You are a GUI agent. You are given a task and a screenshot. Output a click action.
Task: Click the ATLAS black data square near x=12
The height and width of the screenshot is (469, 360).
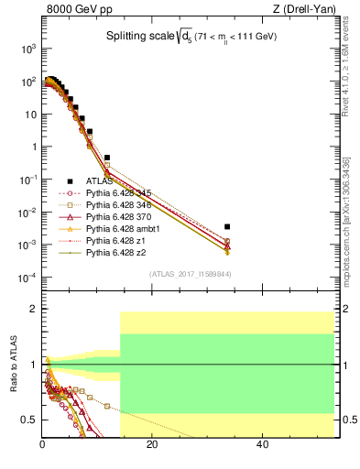(107, 158)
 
